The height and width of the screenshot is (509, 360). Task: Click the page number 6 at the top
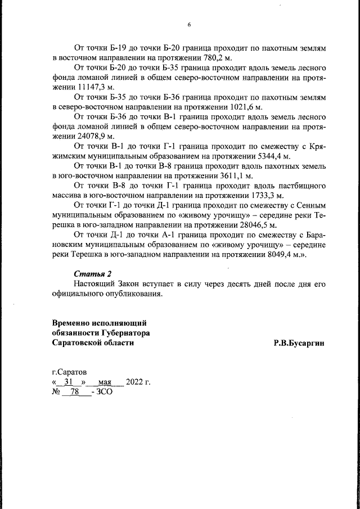pos(189,25)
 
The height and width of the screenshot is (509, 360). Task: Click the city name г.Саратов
pos(70,372)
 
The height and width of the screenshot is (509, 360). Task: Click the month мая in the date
pos(106,382)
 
